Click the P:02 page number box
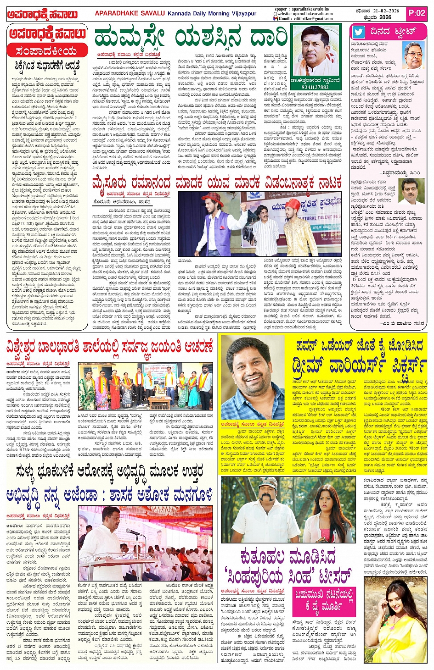(417, 13)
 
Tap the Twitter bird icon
(359, 32)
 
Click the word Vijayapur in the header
(241, 13)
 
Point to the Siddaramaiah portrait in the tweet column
(413, 55)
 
